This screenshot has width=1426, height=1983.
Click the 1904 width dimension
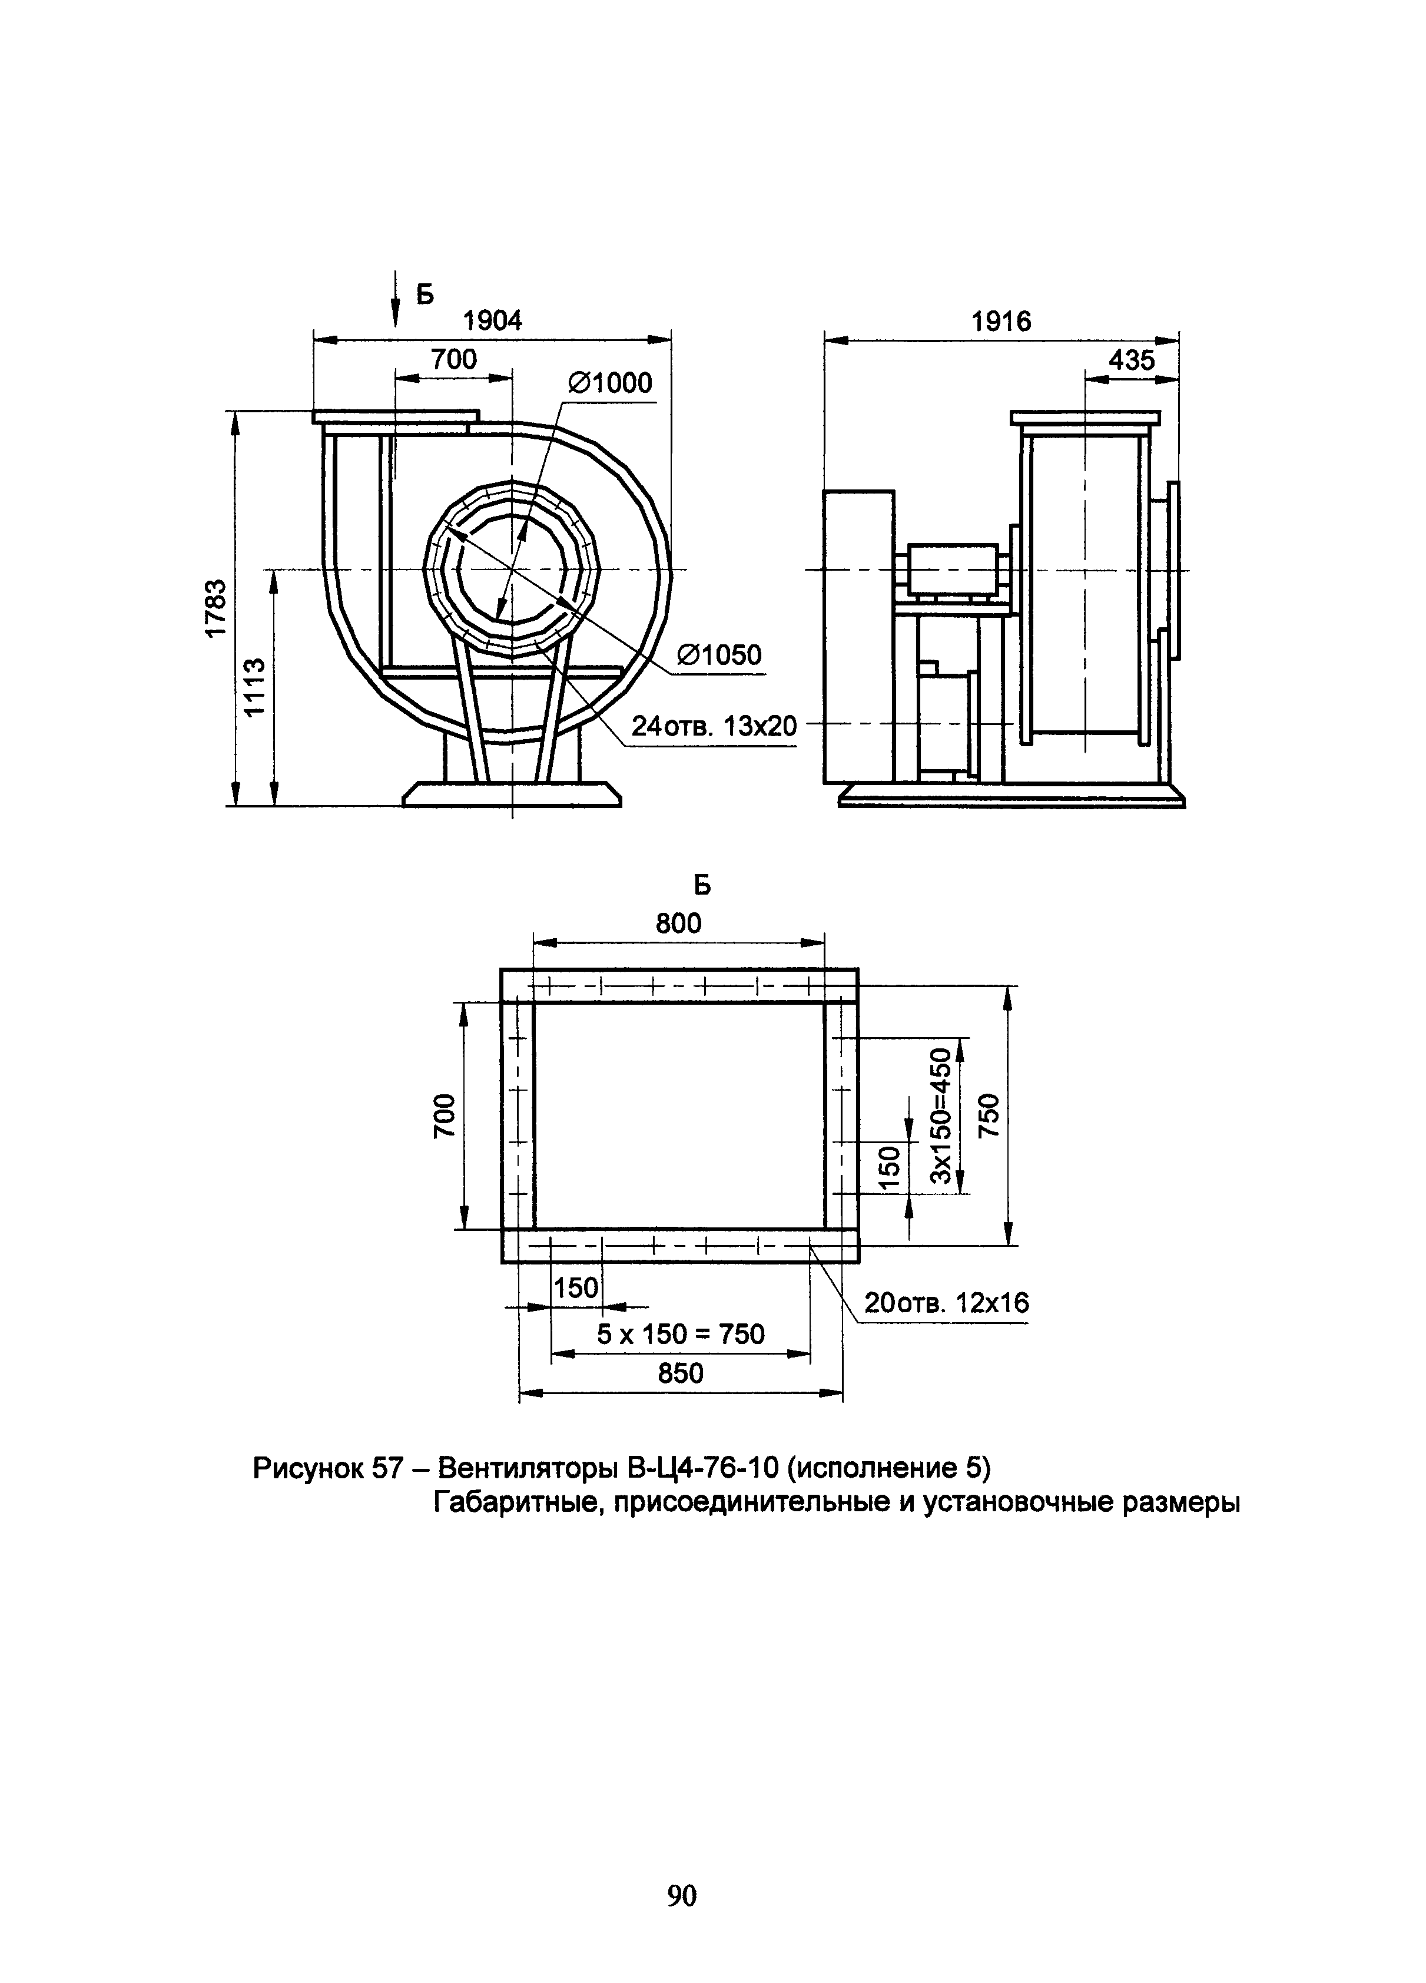click(x=492, y=321)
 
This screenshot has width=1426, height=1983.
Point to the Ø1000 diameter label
click(x=611, y=383)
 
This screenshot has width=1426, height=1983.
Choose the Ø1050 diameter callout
click(x=719, y=655)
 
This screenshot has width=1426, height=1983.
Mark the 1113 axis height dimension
click(x=254, y=687)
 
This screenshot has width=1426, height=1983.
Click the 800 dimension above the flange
click(x=678, y=923)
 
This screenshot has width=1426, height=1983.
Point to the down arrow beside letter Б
click(x=395, y=302)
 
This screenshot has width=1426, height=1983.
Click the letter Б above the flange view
click(x=702, y=886)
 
